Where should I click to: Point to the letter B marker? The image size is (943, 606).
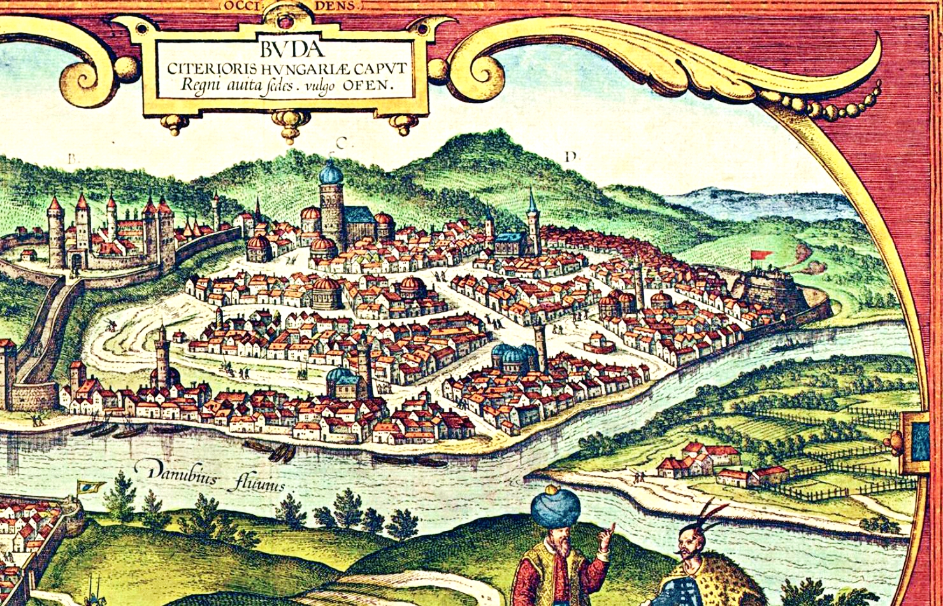tap(72, 160)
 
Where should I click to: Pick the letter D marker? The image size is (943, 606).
tap(572, 156)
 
